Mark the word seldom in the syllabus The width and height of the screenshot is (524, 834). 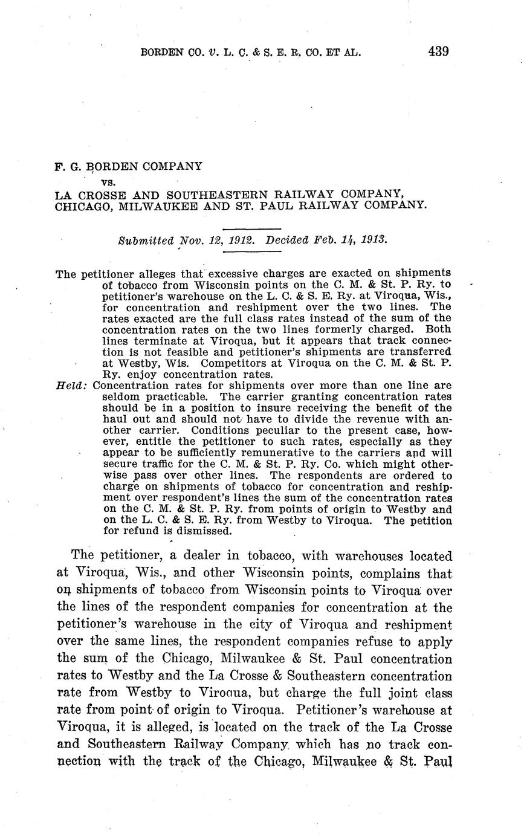pos(120,396)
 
